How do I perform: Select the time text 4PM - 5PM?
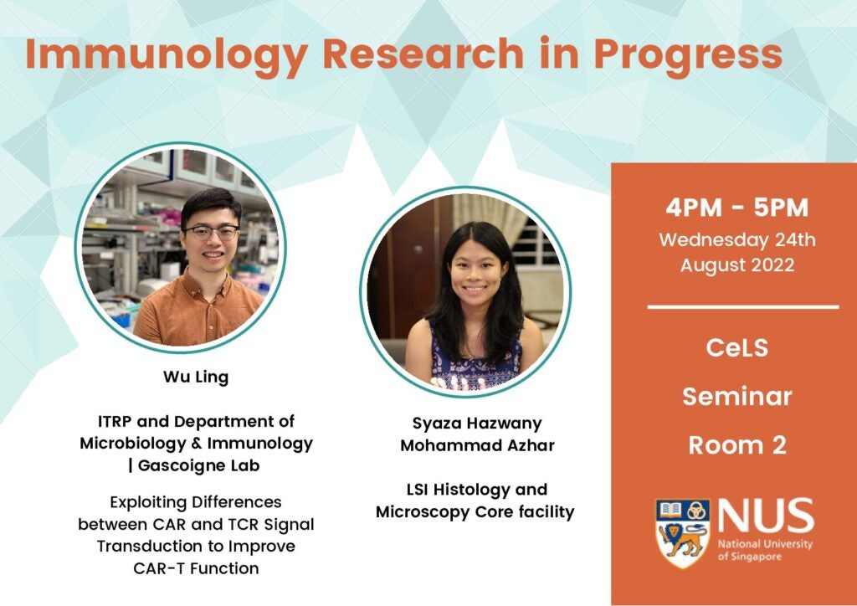pos(736,208)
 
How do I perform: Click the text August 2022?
pos(736,265)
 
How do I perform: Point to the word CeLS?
pos(736,348)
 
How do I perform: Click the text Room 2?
pos(736,444)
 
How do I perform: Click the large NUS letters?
pos(765,516)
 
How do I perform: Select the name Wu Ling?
pos(196,377)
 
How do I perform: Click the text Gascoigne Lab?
pos(198,465)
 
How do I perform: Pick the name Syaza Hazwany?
pos(477,424)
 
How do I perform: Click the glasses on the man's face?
pos(212,232)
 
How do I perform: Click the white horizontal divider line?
pos(743,307)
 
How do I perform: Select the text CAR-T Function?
pos(196,568)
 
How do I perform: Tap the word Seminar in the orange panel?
pos(736,397)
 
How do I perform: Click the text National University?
pos(765,544)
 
